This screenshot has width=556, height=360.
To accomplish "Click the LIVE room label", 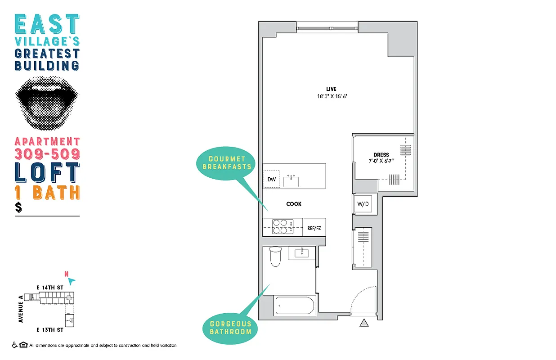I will [331, 89].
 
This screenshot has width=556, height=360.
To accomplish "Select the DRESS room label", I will [381, 155].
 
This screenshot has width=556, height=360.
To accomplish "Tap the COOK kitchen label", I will [294, 204].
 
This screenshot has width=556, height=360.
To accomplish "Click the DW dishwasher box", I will [271, 180].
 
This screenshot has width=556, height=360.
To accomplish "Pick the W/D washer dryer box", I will [363, 204].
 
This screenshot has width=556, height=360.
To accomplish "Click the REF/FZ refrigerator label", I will [314, 228].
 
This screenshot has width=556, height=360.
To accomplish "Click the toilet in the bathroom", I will [274, 256].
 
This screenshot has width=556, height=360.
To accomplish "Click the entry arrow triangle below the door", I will [364, 322].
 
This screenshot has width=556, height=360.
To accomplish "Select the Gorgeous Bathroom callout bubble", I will [230, 328].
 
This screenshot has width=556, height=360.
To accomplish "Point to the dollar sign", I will [18, 207].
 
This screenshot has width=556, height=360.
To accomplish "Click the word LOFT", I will [47, 172].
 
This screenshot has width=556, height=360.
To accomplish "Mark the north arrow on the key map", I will [72, 281].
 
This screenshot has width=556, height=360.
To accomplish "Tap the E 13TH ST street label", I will [49, 330].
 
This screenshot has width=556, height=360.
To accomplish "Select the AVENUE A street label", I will [21, 308].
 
